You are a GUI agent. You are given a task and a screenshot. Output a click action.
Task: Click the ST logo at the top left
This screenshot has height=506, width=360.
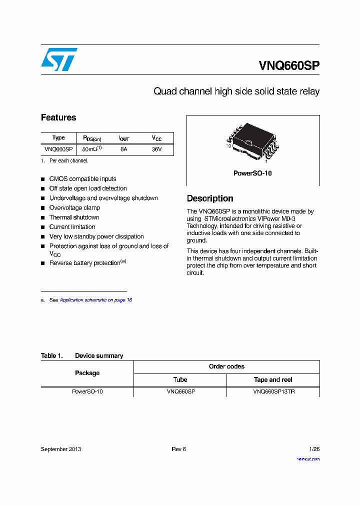coord(59,59)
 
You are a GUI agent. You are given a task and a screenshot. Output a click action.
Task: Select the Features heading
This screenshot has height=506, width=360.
coord(58,117)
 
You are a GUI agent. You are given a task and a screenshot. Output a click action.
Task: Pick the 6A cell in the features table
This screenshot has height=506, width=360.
coord(123,149)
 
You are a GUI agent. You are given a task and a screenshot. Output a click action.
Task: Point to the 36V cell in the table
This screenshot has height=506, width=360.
coord(156,149)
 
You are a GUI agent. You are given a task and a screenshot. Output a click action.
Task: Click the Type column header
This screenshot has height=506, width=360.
coord(58,138)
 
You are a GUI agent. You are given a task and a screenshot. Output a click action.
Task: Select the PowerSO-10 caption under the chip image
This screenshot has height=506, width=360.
coord(252,173)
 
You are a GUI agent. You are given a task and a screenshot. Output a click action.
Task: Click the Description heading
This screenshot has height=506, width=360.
coord(210,198)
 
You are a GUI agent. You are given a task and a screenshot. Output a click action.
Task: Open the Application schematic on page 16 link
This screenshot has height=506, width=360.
coord(95,300)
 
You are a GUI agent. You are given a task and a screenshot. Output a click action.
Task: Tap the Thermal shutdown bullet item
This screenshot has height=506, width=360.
coord(74,217)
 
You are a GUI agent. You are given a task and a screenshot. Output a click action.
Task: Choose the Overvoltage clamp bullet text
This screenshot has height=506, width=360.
coord(74,208)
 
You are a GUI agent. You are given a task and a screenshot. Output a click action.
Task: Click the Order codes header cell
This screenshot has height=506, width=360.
coord(226,366)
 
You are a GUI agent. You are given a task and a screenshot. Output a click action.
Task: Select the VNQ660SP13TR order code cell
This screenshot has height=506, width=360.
coord(273,392)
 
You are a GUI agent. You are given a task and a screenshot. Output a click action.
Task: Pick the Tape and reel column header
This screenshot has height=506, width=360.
coord(273,380)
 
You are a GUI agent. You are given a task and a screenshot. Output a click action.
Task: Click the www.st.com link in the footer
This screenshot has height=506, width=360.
coord(308,458)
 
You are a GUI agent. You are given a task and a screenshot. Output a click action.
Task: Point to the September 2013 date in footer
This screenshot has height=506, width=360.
coord(60,449)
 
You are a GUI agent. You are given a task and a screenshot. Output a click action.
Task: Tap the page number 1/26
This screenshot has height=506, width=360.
coord(314,449)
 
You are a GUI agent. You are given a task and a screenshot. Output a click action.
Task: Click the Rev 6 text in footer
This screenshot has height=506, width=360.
coord(178,449)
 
